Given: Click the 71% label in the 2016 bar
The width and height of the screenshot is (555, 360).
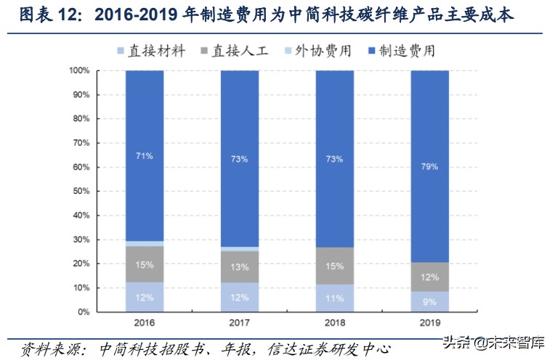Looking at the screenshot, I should (x=145, y=155).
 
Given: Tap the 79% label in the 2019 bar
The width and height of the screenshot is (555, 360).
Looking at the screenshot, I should (x=429, y=166).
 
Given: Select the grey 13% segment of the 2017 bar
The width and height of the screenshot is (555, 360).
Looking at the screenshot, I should (x=240, y=267).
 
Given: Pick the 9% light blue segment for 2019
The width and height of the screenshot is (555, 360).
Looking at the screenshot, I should (x=429, y=301).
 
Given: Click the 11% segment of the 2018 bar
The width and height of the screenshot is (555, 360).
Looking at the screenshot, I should (x=334, y=298).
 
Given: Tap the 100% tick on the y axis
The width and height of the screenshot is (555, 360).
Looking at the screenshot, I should (x=79, y=70).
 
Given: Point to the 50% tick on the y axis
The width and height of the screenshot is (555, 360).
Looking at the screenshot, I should (x=81, y=191).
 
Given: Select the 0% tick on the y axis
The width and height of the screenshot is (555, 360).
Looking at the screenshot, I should (x=84, y=312).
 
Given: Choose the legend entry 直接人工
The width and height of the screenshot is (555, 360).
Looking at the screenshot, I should (x=240, y=52).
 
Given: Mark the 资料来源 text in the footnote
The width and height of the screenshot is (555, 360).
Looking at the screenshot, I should (x=51, y=349).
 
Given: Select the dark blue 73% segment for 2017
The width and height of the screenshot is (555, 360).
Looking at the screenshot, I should (x=240, y=158).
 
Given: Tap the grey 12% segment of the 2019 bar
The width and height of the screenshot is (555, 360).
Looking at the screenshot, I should (x=429, y=277).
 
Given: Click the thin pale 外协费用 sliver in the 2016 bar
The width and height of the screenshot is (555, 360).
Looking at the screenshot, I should (x=145, y=243).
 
